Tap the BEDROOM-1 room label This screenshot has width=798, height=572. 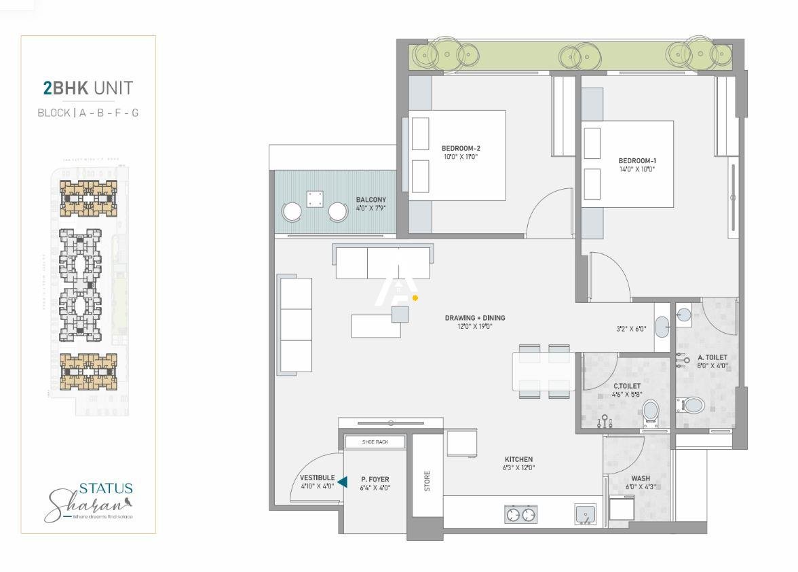click(x=636, y=161)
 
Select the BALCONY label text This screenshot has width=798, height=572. click(x=370, y=200)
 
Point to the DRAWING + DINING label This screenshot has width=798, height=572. click(x=475, y=318)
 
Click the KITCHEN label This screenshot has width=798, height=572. click(x=518, y=459)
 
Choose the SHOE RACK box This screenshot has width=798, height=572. click(x=375, y=442)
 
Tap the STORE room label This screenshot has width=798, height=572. click(x=427, y=481)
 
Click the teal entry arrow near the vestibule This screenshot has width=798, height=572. click(x=343, y=482)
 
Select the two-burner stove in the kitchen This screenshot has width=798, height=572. click(x=520, y=516)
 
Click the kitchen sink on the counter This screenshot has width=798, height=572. click(x=586, y=514)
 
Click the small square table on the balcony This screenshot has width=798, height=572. click(x=315, y=199)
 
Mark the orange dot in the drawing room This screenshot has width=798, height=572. click(x=415, y=298)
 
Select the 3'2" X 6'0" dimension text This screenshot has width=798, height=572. click(x=631, y=329)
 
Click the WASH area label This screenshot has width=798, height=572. click(x=641, y=478)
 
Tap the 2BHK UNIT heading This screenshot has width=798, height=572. click(x=88, y=88)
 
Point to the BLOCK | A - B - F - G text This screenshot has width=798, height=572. click(x=88, y=113)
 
